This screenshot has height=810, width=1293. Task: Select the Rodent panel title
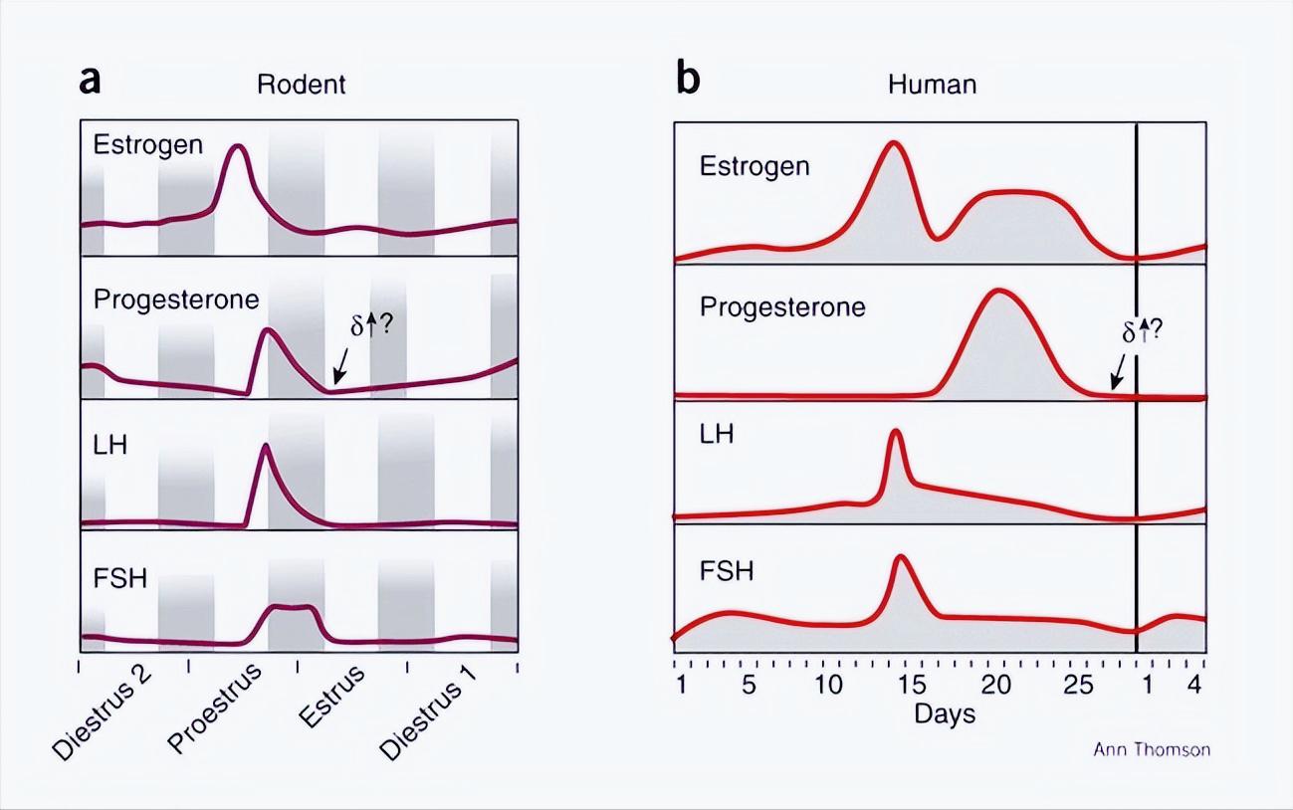pos(301,84)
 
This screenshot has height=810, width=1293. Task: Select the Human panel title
pos(932,84)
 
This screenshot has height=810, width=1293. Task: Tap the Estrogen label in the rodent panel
pos(148,144)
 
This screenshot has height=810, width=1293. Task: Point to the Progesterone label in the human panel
pos(782,306)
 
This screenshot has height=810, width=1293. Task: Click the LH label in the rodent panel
pos(109,445)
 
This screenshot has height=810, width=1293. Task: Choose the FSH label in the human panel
pos(727,572)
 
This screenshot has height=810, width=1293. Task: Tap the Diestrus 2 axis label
pos(103,715)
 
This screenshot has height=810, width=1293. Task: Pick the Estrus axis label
pos(331,698)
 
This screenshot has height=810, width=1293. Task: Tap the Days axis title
pos(945,713)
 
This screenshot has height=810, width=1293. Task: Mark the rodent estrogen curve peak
pos(237,146)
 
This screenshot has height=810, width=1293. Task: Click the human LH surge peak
pos(895,430)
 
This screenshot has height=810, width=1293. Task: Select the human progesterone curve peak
pos(997,291)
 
